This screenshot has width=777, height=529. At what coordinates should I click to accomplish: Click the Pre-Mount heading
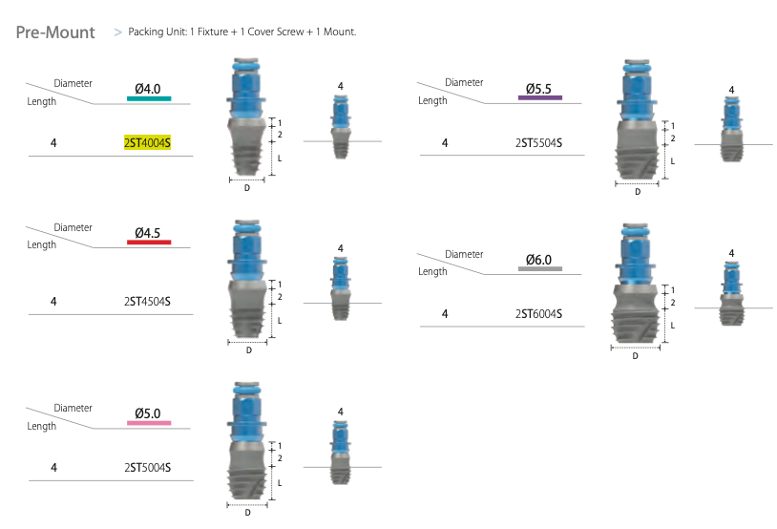click(55, 32)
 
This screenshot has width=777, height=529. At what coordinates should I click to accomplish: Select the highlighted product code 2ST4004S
click(146, 142)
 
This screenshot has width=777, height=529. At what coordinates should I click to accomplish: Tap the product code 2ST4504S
click(146, 302)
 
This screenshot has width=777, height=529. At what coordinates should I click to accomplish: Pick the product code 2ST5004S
click(146, 468)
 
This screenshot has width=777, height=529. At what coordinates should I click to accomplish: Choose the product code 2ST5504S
click(537, 143)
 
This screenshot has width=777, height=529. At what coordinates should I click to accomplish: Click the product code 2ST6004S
click(537, 314)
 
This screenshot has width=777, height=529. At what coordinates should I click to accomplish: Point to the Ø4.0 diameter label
click(148, 88)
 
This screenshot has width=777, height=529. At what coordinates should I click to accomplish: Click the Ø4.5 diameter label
click(148, 232)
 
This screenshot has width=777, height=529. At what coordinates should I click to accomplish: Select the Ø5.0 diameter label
click(148, 413)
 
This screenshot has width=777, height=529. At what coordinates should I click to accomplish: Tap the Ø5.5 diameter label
click(539, 88)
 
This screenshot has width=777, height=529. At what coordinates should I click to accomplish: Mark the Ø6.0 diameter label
click(539, 260)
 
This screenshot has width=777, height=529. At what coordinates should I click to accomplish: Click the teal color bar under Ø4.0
click(148, 98)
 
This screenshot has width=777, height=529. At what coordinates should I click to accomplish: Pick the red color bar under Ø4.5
click(148, 243)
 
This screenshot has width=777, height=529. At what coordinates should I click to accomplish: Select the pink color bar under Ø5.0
click(148, 423)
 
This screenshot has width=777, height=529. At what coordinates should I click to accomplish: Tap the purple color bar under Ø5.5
click(539, 97)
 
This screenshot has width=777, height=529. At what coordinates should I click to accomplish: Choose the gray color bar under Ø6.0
click(539, 269)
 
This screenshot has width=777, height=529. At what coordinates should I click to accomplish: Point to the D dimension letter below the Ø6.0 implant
click(636, 357)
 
